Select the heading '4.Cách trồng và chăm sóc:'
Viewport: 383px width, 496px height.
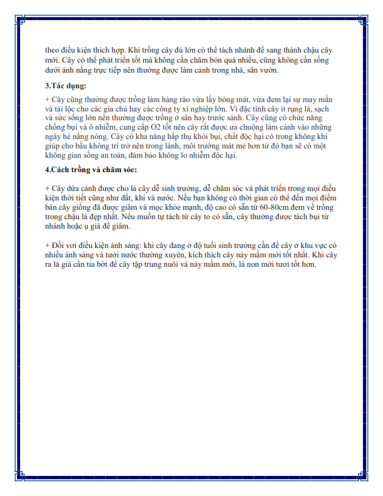[x=90, y=170]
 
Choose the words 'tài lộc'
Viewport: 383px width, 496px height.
[x=65, y=108]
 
